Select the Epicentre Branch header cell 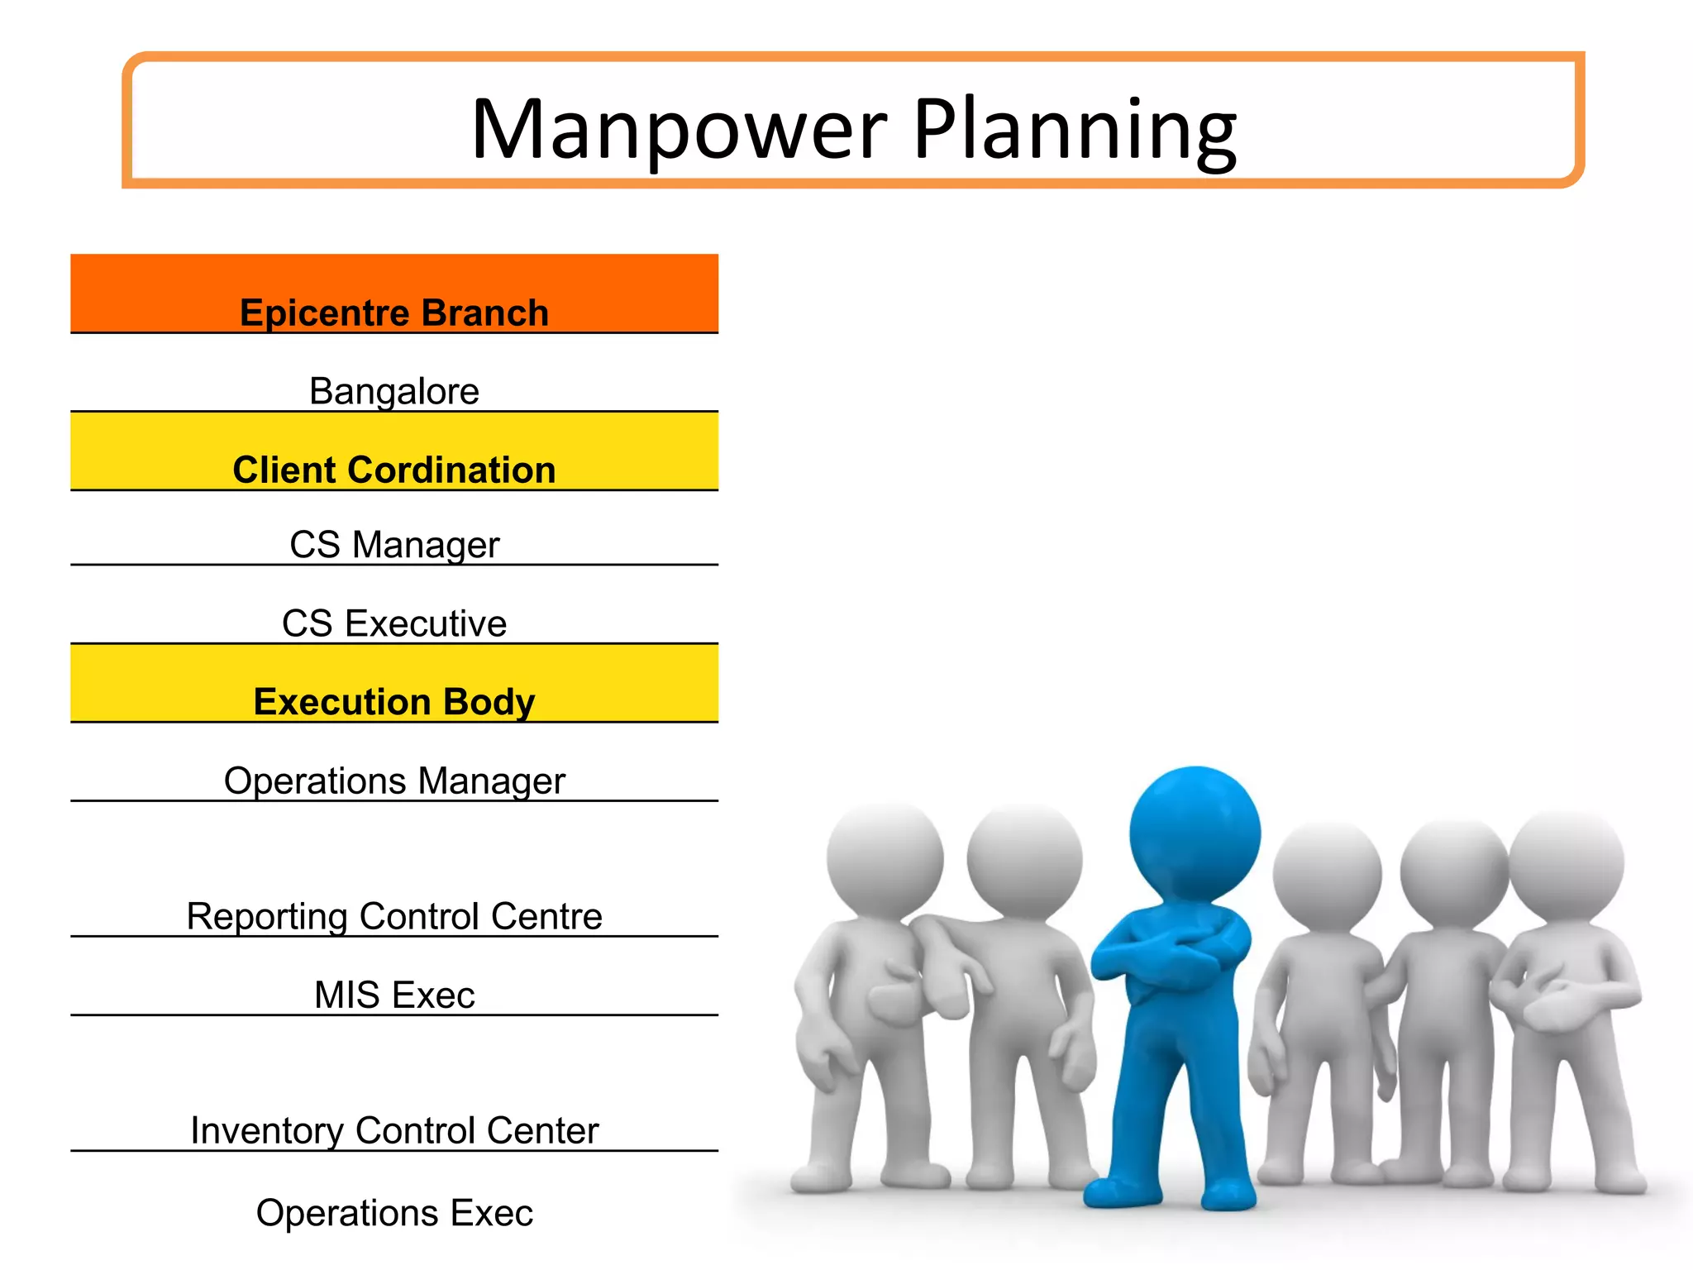pyautogui.click(x=394, y=312)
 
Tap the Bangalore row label pyautogui.click(x=394, y=390)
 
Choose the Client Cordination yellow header pyautogui.click(x=394, y=469)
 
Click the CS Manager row pyautogui.click(x=394, y=544)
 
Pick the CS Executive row pyautogui.click(x=394, y=623)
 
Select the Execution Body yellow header pyautogui.click(x=394, y=701)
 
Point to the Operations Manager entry pyautogui.click(x=394, y=780)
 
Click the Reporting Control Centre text pyautogui.click(x=394, y=915)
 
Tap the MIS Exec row pyautogui.click(x=394, y=994)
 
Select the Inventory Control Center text pyautogui.click(x=394, y=1129)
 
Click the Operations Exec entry pyautogui.click(x=394, y=1212)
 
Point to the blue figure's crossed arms pyautogui.click(x=1174, y=951)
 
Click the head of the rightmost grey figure pyautogui.click(x=1567, y=864)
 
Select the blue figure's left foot pyautogui.click(x=1116, y=1191)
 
